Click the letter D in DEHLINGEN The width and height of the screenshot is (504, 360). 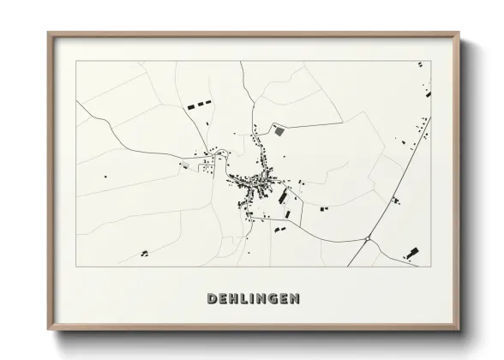point(212,299)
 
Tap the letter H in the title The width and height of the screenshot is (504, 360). point(235,299)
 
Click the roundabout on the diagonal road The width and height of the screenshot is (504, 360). point(367,239)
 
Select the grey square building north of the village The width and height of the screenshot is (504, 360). point(279,131)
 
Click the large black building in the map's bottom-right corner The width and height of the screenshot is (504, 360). point(413,252)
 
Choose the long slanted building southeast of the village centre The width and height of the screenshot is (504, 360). point(284,197)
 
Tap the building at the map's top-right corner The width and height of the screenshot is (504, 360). point(419,64)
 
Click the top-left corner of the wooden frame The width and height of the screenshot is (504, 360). point(49,33)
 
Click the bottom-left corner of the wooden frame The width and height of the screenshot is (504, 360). point(49,330)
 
